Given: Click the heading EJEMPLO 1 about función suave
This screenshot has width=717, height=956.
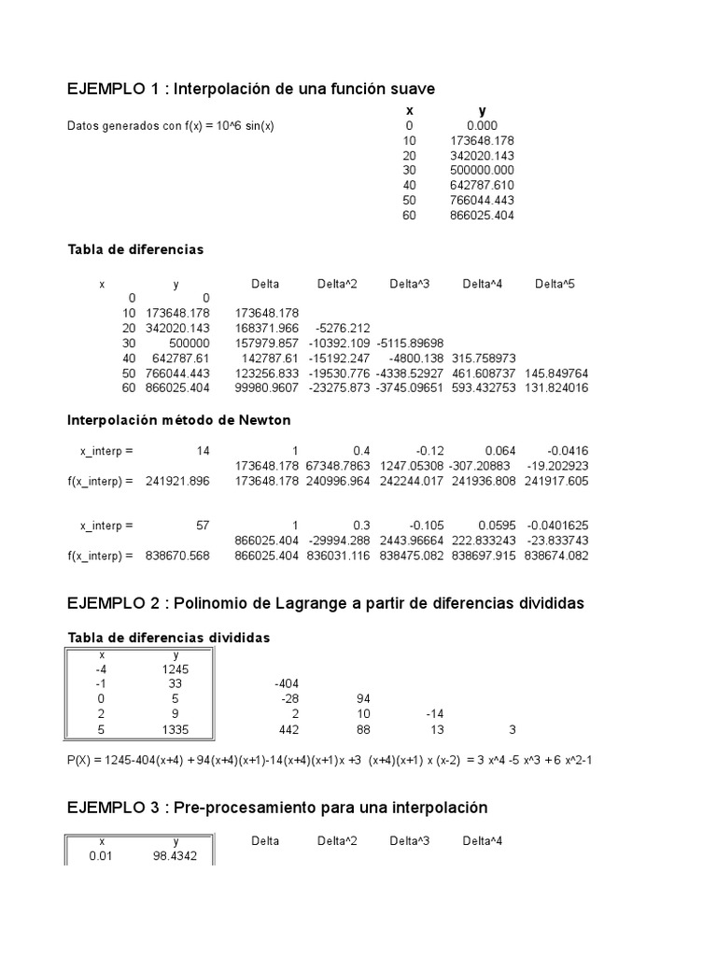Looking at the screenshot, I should click(251, 89).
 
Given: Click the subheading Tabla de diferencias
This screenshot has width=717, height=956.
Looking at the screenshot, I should click(135, 250).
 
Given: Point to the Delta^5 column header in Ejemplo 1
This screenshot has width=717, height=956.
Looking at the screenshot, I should click(555, 284).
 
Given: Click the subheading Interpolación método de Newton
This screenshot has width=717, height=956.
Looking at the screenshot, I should click(179, 420).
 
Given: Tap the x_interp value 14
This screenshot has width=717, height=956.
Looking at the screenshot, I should click(203, 450).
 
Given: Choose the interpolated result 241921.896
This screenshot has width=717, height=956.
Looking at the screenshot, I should click(178, 480).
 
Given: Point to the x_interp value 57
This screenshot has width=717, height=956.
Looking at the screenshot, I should click(203, 525).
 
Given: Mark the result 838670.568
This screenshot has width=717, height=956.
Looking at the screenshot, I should click(178, 555).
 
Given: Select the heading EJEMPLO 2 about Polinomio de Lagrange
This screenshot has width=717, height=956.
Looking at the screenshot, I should click(326, 604).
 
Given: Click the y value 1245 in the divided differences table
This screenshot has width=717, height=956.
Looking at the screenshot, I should click(176, 668).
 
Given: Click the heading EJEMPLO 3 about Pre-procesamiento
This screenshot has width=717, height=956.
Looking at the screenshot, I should click(277, 807).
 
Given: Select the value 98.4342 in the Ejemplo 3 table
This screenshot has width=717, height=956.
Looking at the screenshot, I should click(176, 855).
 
